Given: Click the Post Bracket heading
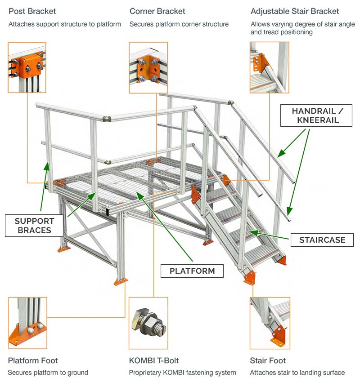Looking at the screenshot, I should click(x=32, y=11).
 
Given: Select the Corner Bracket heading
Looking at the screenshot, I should click(x=157, y=11).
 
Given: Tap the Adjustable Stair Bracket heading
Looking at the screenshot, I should click(x=295, y=11).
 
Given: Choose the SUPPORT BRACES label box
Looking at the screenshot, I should click(x=34, y=226).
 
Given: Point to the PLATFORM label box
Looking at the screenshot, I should click(x=192, y=271).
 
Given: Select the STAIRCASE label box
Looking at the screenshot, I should click(x=322, y=240).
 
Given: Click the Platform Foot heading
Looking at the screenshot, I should click(x=33, y=360).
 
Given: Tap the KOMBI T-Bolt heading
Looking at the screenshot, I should click(x=153, y=360).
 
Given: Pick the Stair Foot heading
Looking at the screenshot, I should click(x=268, y=360).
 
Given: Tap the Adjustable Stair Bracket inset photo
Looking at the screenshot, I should click(x=269, y=67).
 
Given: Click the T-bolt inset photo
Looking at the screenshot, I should click(x=148, y=323).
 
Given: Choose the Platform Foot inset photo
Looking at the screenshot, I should click(x=27, y=323).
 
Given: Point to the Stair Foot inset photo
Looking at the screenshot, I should click(x=269, y=323).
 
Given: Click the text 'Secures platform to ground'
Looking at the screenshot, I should click(x=48, y=373).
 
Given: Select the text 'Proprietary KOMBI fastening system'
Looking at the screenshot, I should click(x=182, y=373).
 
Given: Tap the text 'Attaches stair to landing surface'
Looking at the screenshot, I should click(x=297, y=373).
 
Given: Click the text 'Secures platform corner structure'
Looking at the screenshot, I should click(x=179, y=24).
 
